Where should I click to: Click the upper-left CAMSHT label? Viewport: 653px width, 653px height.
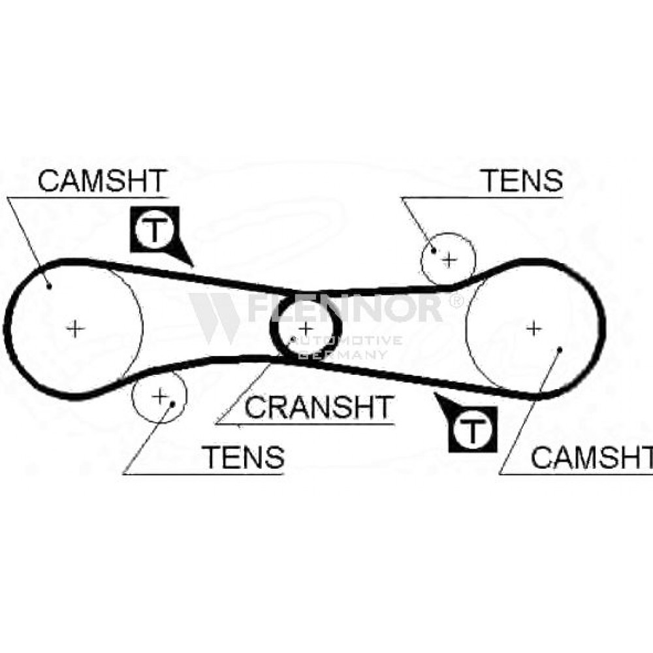[103, 181]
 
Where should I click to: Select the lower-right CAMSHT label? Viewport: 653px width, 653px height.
[592, 457]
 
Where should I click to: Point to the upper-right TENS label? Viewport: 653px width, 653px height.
[522, 180]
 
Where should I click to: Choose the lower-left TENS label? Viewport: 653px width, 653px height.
[243, 456]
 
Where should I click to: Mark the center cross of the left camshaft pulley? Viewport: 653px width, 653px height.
[75, 329]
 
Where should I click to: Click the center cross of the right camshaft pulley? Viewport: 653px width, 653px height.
[534, 329]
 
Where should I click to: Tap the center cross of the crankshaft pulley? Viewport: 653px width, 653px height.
[306, 329]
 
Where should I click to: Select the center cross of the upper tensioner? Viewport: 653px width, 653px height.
[449, 261]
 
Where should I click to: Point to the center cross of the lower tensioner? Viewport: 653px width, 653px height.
[159, 396]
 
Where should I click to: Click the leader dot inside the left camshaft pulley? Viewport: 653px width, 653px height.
[49, 286]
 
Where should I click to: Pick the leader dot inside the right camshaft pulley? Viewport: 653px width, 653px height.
[560, 350]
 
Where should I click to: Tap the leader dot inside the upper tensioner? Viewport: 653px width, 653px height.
[434, 251]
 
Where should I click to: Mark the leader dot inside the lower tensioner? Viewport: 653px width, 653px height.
[172, 404]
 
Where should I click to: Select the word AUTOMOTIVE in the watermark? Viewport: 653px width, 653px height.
[345, 341]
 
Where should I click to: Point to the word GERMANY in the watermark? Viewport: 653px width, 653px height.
[343, 355]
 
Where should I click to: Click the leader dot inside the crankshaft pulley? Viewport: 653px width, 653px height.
[294, 338]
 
